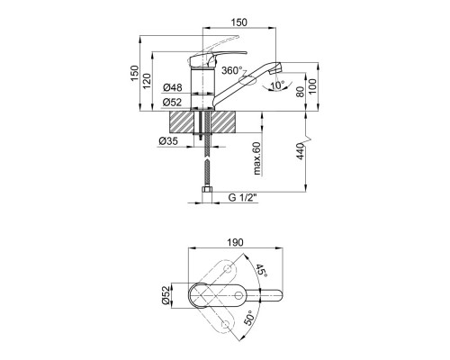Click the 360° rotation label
[231, 70]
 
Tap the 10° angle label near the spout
[277, 85]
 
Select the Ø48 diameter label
[173, 87]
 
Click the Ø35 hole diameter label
[168, 140]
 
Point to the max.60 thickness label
[257, 158]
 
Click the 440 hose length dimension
[301, 151]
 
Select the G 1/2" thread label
[243, 198]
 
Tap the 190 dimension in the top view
[236, 242]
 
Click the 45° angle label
[260, 271]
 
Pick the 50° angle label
[249, 318]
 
